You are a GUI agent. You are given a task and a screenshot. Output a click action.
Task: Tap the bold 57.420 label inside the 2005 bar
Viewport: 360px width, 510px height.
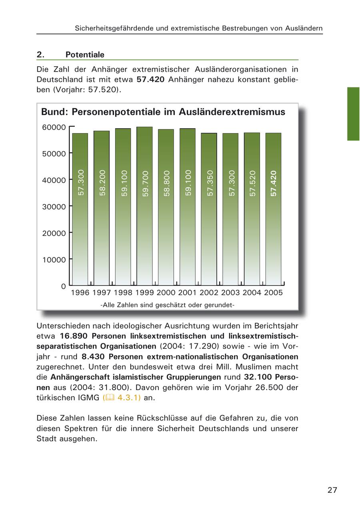(x=274, y=183)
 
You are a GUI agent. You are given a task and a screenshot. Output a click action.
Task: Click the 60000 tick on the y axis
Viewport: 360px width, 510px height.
(x=54, y=127)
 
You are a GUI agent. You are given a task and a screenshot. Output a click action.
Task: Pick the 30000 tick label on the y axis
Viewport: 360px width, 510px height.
(x=54, y=207)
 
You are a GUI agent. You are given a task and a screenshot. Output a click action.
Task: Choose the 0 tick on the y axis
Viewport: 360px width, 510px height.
(x=63, y=286)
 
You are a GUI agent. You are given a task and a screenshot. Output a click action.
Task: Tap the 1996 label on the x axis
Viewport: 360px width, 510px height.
(x=80, y=293)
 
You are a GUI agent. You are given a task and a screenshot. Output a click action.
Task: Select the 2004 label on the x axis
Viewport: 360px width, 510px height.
(x=252, y=293)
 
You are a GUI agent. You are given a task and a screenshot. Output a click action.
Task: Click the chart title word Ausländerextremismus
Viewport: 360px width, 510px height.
(x=232, y=112)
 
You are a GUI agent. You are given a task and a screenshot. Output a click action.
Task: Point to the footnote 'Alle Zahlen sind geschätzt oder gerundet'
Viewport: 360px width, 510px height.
(x=167, y=305)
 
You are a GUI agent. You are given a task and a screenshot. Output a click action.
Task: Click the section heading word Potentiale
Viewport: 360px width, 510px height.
(x=85, y=55)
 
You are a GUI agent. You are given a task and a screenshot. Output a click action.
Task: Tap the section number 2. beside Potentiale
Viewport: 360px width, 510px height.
(x=40, y=55)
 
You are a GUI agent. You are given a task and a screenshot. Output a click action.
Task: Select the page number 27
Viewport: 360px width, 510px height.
(x=332, y=490)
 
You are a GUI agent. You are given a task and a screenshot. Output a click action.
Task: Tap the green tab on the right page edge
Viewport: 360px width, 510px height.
(x=353, y=114)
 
